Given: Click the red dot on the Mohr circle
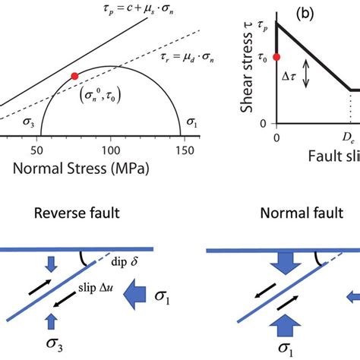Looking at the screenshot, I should pos(74,76).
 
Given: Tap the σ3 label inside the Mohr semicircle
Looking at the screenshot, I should pos(27,124).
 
